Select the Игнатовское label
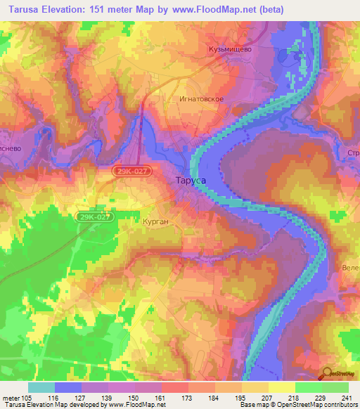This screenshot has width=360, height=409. [x=201, y=99]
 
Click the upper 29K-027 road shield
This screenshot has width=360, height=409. [x=132, y=171]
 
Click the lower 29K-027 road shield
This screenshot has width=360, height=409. [x=94, y=217]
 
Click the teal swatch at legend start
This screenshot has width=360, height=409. [x=41, y=387]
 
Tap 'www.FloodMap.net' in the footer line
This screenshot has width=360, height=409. [x=136, y=405]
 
